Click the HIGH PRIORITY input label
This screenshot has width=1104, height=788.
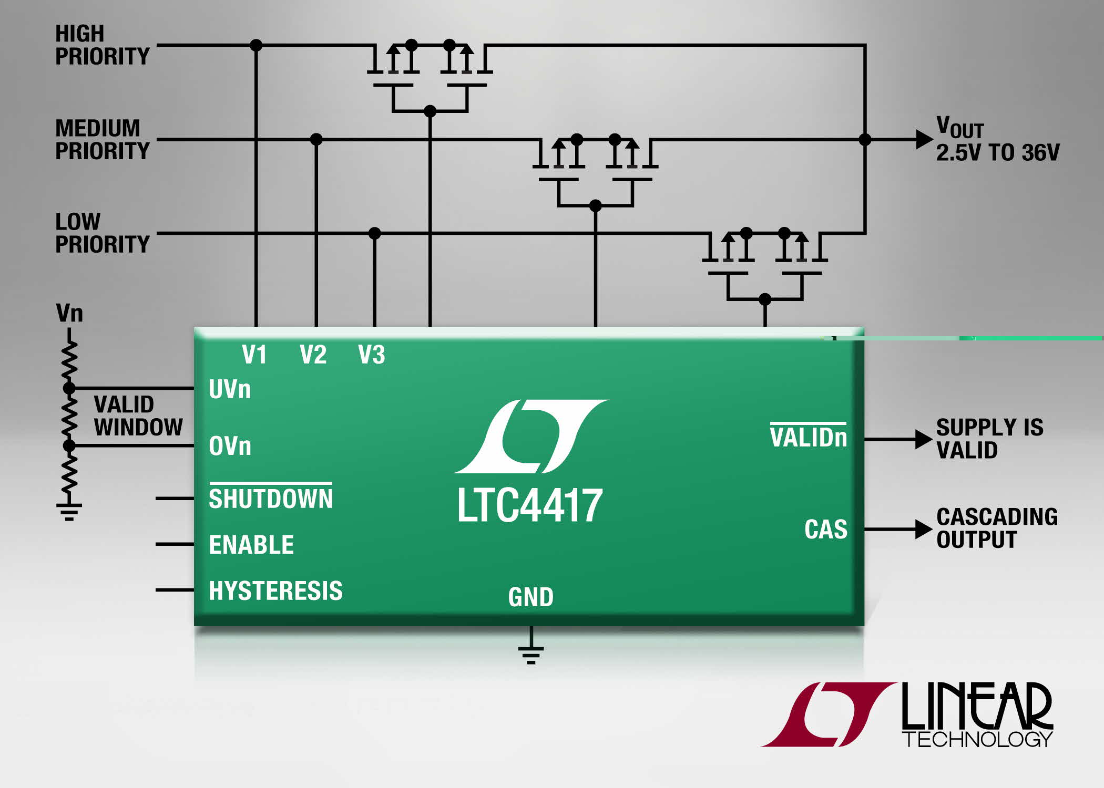103,45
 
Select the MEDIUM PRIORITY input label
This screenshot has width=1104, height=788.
103,140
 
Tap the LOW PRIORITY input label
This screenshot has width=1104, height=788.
103,233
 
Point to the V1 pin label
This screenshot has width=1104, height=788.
254,355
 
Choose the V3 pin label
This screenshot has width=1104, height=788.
372,355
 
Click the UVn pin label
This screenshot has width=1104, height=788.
230,389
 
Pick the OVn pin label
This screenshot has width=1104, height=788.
230,446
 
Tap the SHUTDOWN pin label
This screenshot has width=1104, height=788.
271,498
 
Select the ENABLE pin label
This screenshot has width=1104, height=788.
251,545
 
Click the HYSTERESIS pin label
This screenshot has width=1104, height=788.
275,590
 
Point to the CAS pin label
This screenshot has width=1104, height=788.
826,529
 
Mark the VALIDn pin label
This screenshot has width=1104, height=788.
809,436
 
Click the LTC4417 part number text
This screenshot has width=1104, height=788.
530,505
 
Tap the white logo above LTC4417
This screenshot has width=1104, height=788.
531,436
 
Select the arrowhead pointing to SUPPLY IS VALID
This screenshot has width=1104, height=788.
924,439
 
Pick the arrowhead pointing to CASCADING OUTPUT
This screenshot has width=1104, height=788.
924,529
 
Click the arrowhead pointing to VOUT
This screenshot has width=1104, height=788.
924,139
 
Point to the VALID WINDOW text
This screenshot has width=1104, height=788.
138,416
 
